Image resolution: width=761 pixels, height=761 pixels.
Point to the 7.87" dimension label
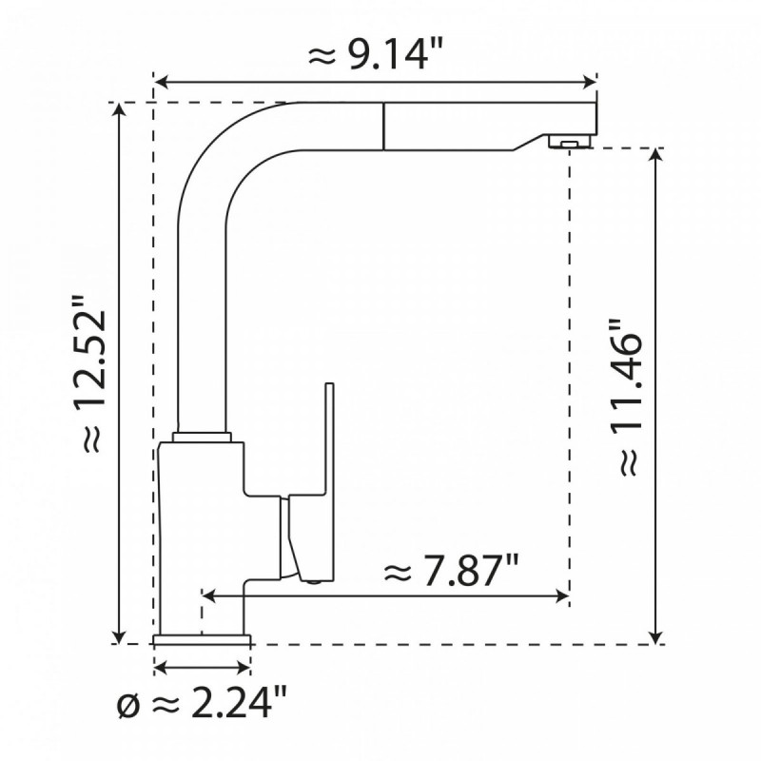pos(451,569)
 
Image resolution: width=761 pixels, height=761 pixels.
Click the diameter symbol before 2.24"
pos(128,706)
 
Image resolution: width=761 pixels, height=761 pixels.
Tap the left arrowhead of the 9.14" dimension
pos(161,83)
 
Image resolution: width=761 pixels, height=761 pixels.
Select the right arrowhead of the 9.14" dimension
pos(590,83)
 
